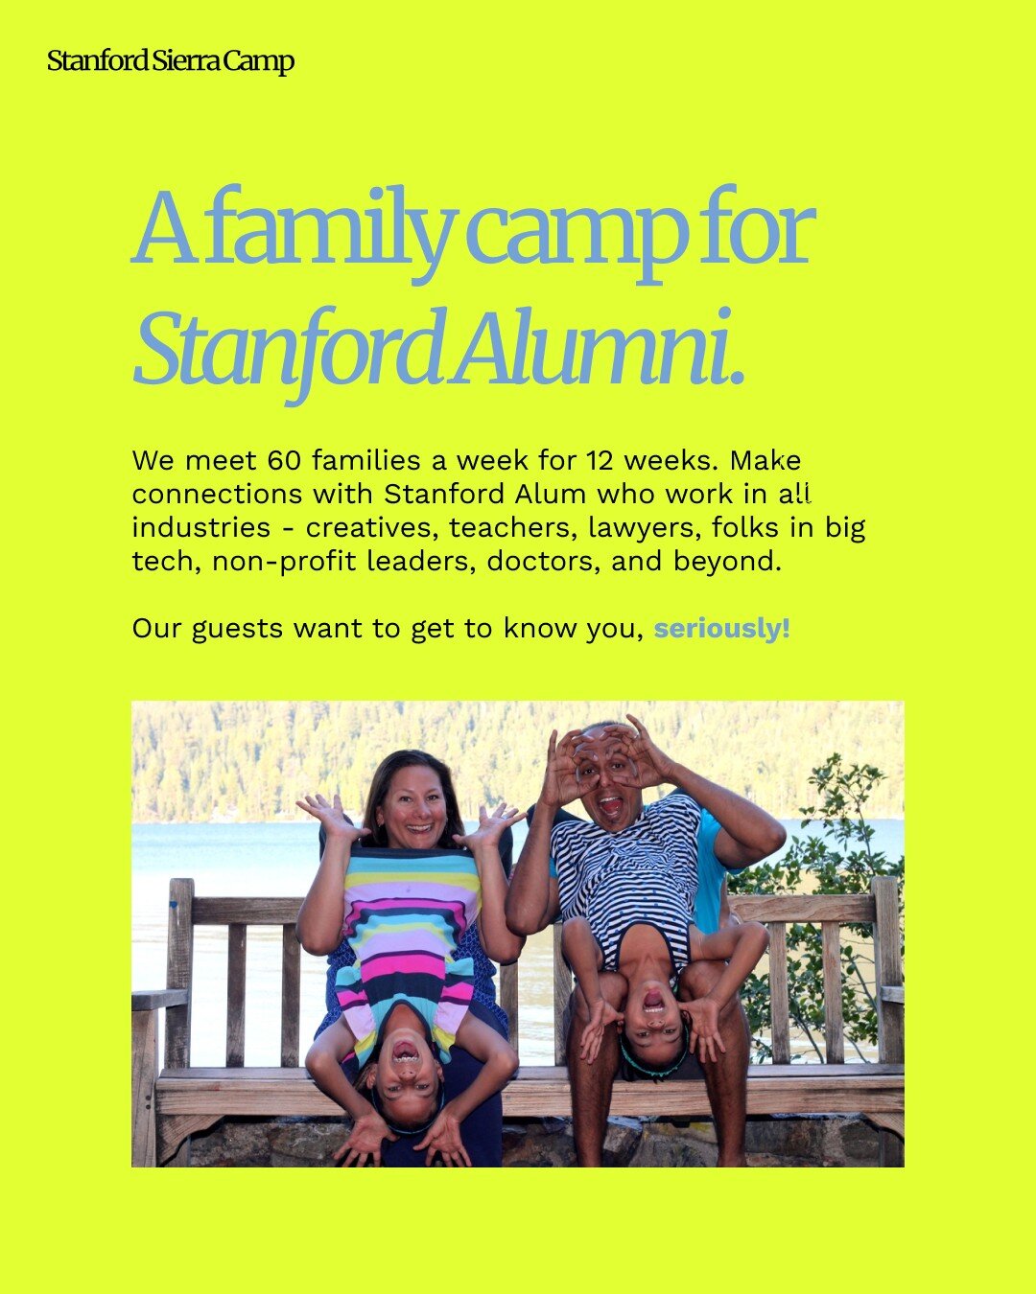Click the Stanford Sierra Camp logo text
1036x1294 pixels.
[x=171, y=61]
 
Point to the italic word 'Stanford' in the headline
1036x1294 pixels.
[x=288, y=348]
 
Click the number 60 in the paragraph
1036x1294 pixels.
[x=285, y=461]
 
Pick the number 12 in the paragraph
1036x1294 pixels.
[x=600, y=461]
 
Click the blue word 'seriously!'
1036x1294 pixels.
[x=722, y=629]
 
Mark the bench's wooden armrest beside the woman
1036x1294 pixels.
[x=158, y=999]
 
